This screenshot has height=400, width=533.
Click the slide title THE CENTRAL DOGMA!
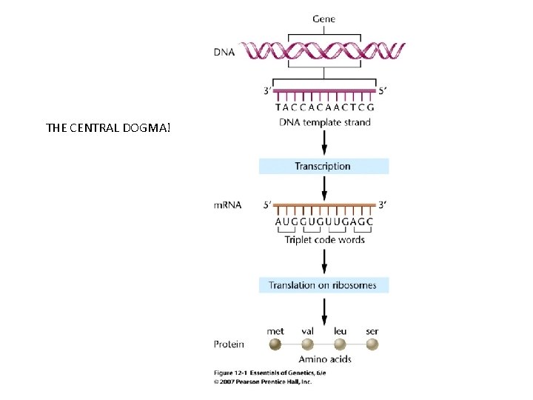(108, 127)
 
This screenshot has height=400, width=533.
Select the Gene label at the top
(324, 19)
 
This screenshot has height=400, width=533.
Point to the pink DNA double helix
(326, 50)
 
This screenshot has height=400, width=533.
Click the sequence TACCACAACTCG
(324, 107)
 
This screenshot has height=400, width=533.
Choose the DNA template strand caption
(324, 122)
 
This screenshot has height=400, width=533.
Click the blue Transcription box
(324, 166)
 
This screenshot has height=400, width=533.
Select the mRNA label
(228, 204)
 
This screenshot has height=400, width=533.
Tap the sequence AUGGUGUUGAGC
(324, 221)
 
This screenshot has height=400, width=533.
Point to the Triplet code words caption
(324, 240)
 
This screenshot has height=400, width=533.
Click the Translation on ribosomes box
(324, 285)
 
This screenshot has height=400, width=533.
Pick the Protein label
(229, 344)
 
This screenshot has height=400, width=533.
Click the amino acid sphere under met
(275, 344)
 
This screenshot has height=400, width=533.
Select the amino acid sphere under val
(308, 344)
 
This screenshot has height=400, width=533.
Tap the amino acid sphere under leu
(340, 344)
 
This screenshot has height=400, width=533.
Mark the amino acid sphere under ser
(372, 344)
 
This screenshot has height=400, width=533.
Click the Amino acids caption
(324, 359)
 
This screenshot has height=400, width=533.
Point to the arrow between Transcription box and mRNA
(324, 187)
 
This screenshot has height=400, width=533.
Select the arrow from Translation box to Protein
(324, 307)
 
